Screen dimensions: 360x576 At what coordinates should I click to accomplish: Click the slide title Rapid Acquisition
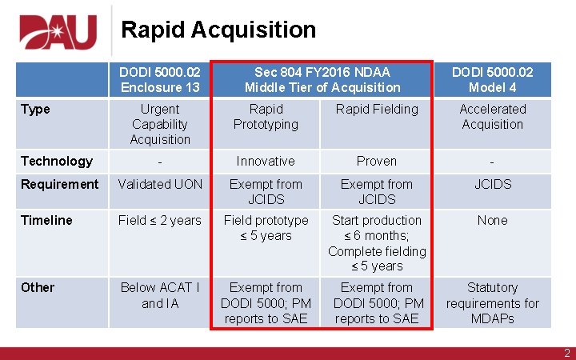pyautogui.click(x=218, y=30)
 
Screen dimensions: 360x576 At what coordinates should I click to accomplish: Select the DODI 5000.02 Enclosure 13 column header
pyautogui.click(x=160, y=79)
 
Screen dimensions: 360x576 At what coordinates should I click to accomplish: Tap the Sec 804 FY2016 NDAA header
pyautogui.click(x=322, y=79)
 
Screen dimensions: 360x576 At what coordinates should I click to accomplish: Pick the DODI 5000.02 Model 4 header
pyautogui.click(x=492, y=79)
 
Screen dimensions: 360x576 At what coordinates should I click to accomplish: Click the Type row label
pyautogui.click(x=35, y=110)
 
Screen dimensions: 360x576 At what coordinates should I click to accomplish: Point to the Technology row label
pyautogui.click(x=56, y=162)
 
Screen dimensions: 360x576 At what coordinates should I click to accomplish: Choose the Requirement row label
pyautogui.click(x=59, y=185)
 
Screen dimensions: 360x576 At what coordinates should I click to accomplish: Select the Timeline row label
pyautogui.click(x=46, y=221)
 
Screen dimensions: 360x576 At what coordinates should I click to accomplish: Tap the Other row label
pyautogui.click(x=38, y=288)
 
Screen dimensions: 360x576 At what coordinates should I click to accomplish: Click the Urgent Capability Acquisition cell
pyautogui.click(x=160, y=124)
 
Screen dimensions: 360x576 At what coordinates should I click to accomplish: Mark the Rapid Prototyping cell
pyautogui.click(x=266, y=117)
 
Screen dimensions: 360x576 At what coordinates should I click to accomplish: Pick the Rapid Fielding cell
pyautogui.click(x=377, y=110)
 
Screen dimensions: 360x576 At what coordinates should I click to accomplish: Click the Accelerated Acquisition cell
pyautogui.click(x=492, y=117)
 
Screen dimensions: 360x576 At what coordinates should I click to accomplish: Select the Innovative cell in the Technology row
pyautogui.click(x=266, y=162)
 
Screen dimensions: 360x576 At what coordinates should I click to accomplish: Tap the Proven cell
pyautogui.click(x=377, y=162)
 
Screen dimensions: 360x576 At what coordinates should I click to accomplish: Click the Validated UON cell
pyautogui.click(x=160, y=185)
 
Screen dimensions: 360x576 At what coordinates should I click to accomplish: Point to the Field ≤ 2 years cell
pyautogui.click(x=160, y=221)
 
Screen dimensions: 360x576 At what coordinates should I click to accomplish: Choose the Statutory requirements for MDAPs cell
pyautogui.click(x=492, y=303)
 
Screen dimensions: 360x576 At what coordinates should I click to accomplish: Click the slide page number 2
pyautogui.click(x=566, y=352)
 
